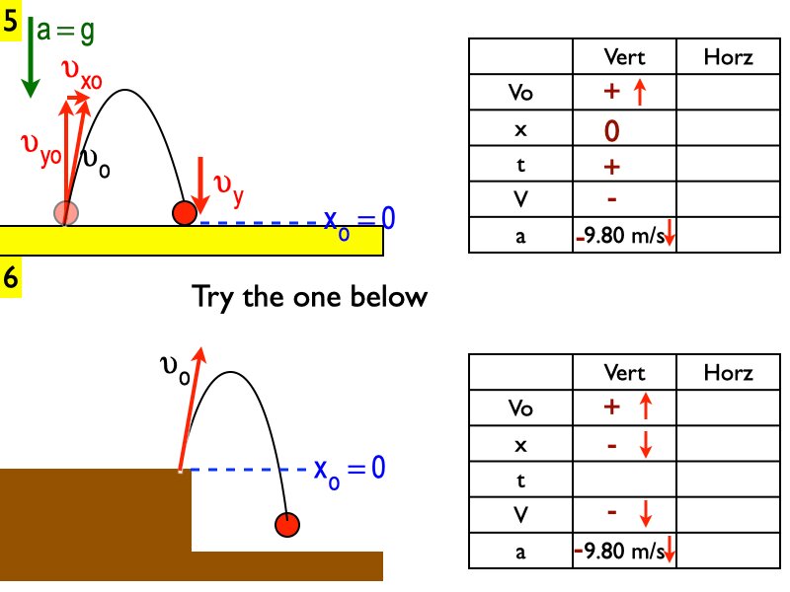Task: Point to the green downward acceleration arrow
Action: tap(31, 59)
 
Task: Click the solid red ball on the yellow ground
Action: tap(184, 212)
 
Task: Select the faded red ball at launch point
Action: tap(66, 211)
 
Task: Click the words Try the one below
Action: tap(309, 296)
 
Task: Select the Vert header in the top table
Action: tap(624, 57)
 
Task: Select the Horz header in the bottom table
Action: tap(728, 373)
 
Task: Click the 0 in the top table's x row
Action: tap(612, 130)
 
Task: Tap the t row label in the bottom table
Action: tap(520, 480)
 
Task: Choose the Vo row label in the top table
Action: tap(520, 94)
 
